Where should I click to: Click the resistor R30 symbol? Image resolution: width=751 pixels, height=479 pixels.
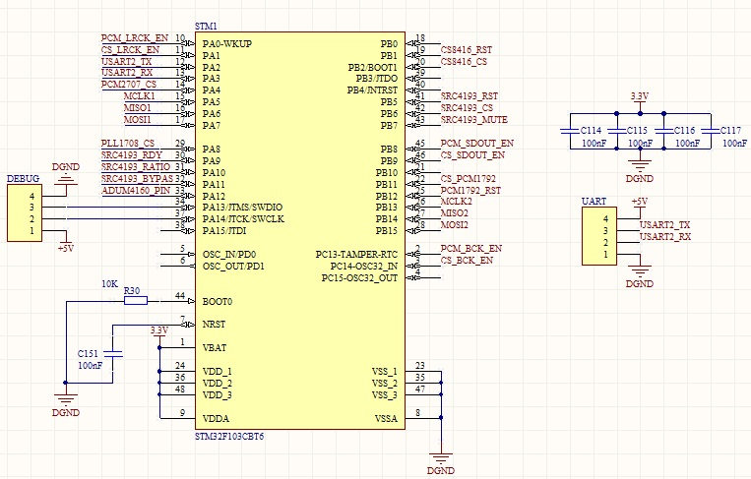click(135, 300)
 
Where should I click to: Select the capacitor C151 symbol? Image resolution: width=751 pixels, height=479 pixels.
click(115, 351)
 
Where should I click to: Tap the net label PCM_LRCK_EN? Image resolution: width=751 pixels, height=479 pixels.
click(135, 37)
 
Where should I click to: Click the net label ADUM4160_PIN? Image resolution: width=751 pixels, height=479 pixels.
click(137, 190)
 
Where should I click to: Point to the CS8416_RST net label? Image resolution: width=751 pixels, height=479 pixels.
click(467, 49)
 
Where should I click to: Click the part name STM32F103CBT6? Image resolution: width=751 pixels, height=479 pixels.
click(229, 435)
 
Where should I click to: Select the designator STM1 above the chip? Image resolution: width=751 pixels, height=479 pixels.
click(206, 25)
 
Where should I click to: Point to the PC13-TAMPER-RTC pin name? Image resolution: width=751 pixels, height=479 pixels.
click(356, 255)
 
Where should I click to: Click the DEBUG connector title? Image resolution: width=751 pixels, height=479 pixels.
click(23, 179)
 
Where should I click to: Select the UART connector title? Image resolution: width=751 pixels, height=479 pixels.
click(594, 201)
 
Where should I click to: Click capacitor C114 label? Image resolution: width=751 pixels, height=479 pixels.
click(591, 130)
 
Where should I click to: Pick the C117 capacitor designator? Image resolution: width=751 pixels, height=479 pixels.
click(731, 130)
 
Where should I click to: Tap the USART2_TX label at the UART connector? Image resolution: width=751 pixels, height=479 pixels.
click(664, 225)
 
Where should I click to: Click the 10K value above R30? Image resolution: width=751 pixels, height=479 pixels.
click(110, 283)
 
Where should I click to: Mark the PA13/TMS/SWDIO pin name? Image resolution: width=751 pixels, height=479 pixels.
click(242, 208)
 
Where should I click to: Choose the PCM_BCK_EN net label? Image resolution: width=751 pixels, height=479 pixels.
click(471, 248)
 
